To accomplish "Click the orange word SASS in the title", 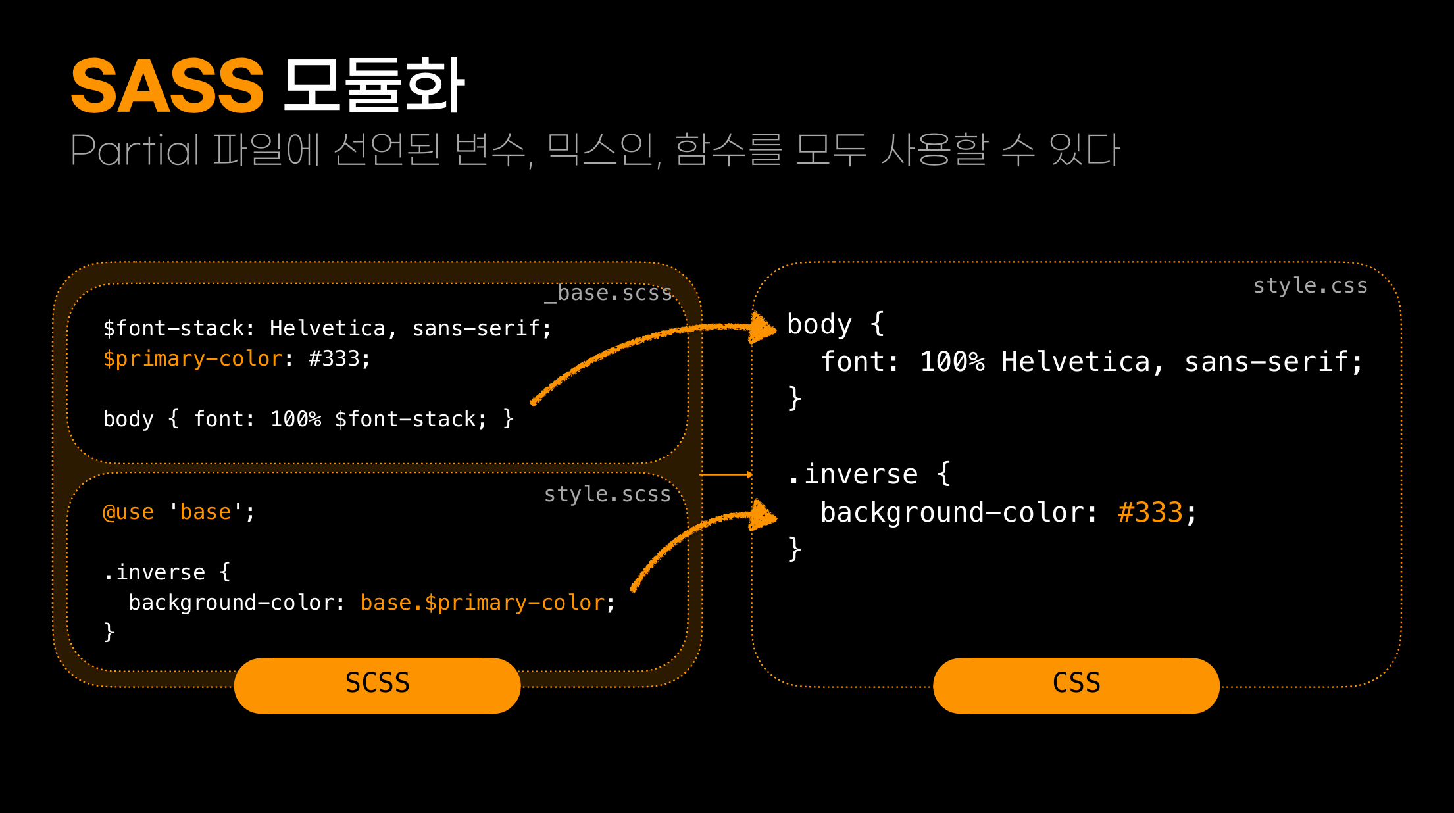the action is (167, 86).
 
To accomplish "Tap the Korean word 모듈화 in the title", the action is (374, 86).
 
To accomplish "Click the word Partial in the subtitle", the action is (134, 150).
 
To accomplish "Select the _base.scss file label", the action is (608, 293).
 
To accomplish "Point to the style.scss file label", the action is (607, 494).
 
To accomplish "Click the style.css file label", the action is (1310, 285).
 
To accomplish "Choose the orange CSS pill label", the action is (1076, 684).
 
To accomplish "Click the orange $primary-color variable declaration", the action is (193, 359).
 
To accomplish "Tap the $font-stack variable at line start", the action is (174, 328).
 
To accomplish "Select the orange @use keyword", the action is (128, 512).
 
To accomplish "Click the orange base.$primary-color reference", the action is (482, 603).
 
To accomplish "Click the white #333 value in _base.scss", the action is (334, 359).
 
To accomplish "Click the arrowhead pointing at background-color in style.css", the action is (763, 516).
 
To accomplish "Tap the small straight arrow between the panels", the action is (726, 474).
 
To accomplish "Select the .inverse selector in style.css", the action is (853, 475).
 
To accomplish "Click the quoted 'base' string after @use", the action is (206, 512).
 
